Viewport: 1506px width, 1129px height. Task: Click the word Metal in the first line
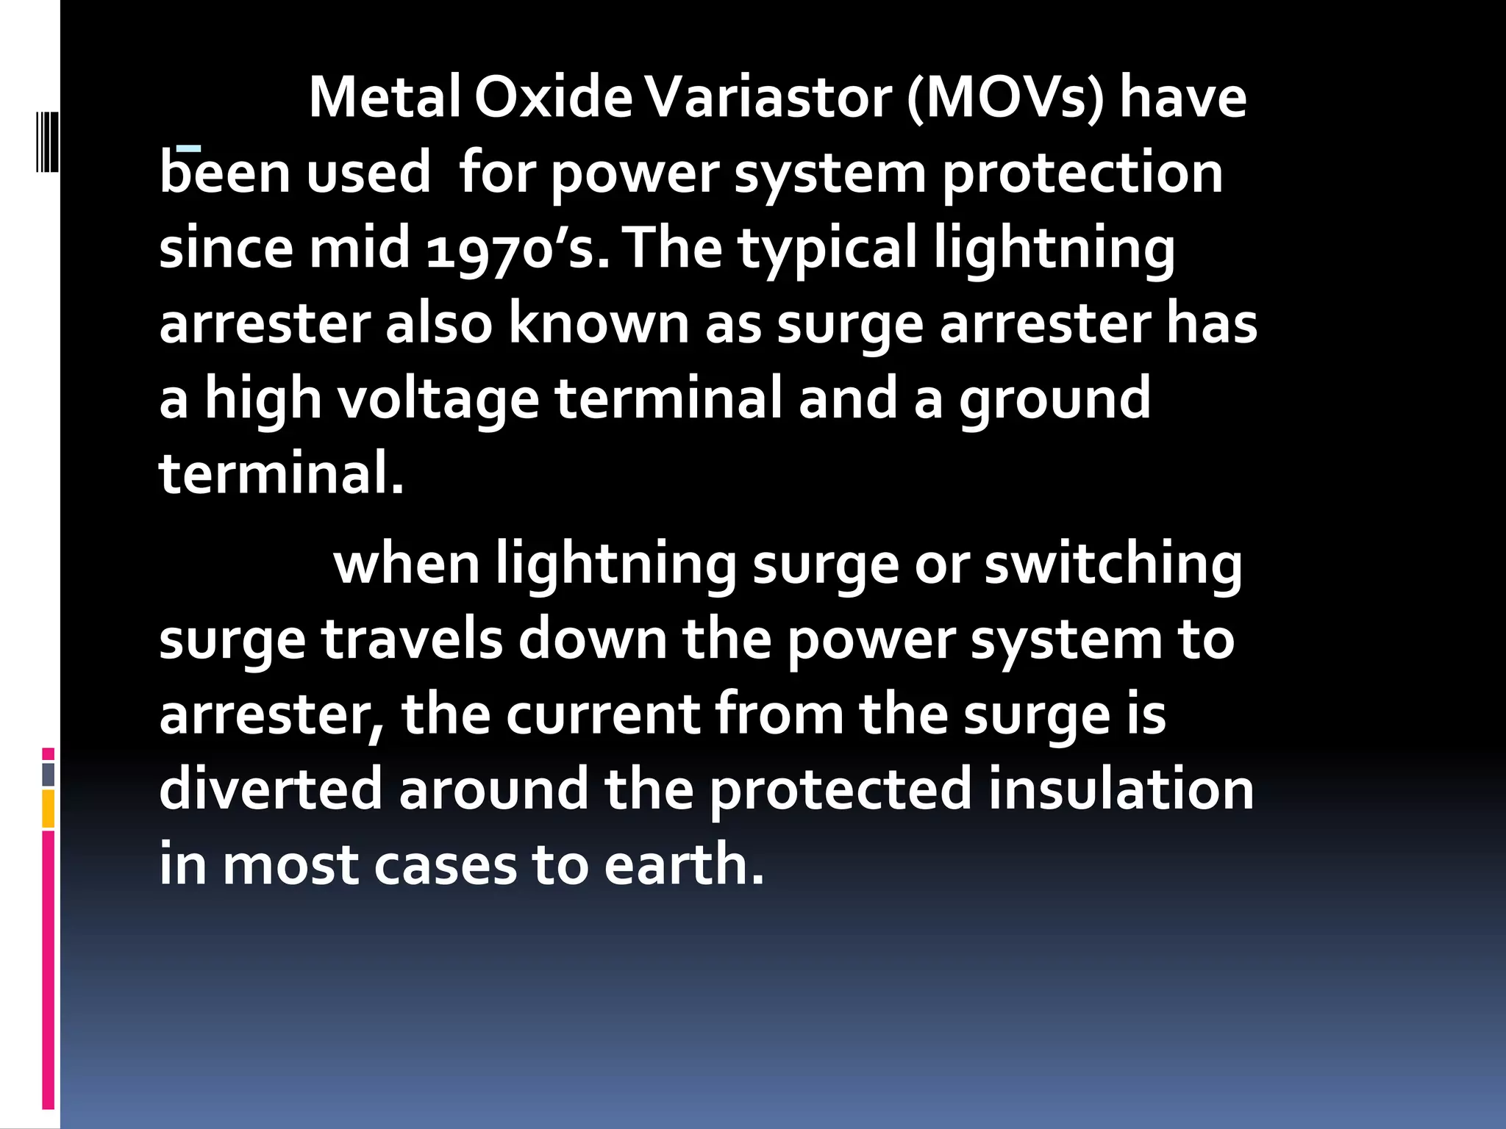(x=384, y=98)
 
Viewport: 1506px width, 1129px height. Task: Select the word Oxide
(x=553, y=98)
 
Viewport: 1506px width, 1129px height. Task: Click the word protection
(x=1082, y=173)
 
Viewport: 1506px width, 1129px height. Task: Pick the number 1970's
(x=518, y=248)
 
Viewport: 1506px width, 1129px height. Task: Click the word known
(x=599, y=323)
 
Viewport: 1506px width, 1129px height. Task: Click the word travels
(x=412, y=639)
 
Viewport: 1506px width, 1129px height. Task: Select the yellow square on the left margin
(x=49, y=809)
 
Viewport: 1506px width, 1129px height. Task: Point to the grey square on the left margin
(x=49, y=774)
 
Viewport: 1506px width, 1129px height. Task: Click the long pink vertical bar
(x=49, y=969)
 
